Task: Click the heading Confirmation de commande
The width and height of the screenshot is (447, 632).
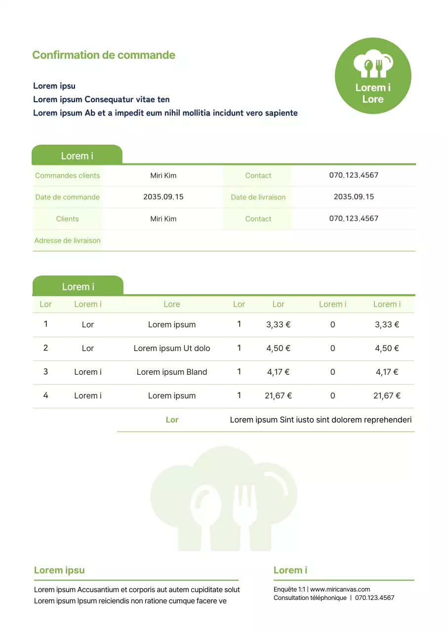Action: tap(104, 55)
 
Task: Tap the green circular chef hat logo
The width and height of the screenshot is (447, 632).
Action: tap(373, 76)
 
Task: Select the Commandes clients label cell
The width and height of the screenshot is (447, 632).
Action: tap(67, 175)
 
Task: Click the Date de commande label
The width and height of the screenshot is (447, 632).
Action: tap(67, 197)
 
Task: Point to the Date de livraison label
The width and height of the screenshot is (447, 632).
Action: tap(258, 197)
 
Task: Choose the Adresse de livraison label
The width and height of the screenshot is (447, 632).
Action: tap(67, 240)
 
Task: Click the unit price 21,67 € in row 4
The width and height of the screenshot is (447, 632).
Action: tap(279, 395)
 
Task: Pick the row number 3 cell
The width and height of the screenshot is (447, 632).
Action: tap(45, 371)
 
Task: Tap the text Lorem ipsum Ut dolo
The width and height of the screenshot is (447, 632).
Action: tap(172, 348)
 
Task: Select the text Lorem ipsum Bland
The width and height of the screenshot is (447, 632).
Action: tap(172, 372)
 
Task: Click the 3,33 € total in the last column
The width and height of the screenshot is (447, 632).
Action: tap(387, 324)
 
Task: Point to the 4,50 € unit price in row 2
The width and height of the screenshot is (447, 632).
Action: tap(279, 348)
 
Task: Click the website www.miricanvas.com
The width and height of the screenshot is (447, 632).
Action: tap(340, 589)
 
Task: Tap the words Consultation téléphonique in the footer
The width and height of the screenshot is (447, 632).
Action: tap(310, 598)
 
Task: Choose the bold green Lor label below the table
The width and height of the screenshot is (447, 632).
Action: tap(172, 420)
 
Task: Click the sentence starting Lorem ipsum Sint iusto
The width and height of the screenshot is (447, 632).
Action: tap(321, 420)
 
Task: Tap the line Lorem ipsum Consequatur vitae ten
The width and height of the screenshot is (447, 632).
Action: tap(101, 99)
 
